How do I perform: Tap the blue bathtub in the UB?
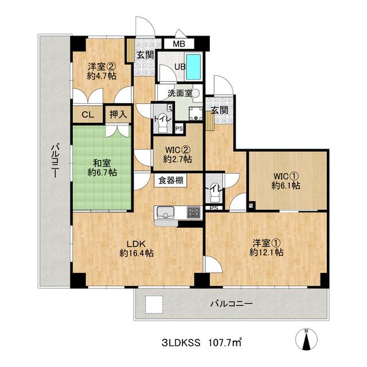(x=194, y=68)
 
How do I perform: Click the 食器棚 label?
(x=171, y=181)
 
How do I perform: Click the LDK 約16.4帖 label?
(x=136, y=247)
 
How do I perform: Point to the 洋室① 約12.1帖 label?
(x=266, y=247)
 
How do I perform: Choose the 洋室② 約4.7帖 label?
(x=98, y=70)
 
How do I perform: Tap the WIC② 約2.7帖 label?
(x=177, y=153)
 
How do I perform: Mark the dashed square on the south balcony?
(x=153, y=304)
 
